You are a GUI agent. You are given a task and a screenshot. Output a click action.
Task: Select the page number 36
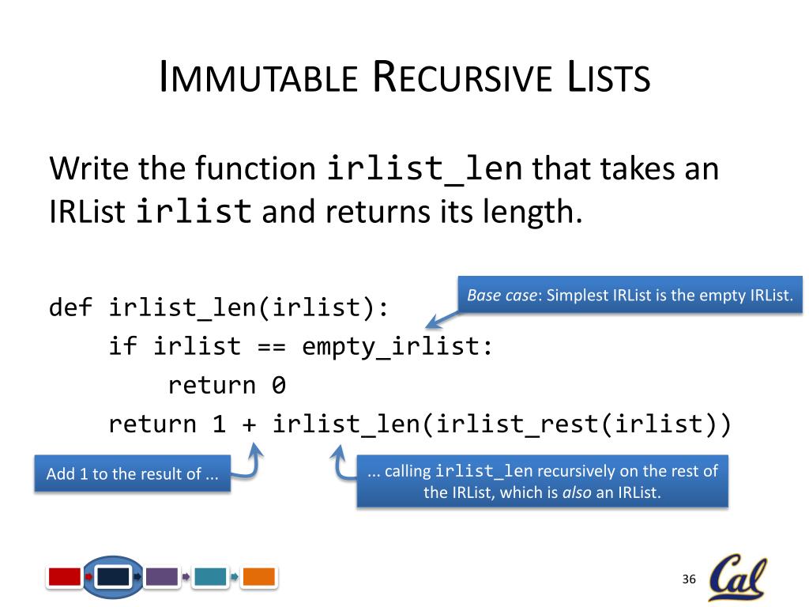tap(688, 580)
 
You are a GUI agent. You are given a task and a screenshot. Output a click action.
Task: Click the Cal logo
tap(737, 578)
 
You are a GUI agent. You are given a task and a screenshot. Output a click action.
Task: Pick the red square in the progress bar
tap(65, 577)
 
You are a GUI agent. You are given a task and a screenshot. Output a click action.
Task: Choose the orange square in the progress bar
tap(258, 577)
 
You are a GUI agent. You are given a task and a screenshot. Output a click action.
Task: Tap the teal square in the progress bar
tap(210, 577)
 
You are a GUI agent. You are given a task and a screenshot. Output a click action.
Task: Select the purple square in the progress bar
tap(162, 577)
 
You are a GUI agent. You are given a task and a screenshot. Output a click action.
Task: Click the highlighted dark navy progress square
tap(113, 577)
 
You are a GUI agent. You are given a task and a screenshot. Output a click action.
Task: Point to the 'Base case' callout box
tap(630, 296)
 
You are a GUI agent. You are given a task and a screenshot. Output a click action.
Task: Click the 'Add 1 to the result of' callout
tap(132, 474)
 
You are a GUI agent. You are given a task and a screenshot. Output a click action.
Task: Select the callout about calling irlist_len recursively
tap(542, 481)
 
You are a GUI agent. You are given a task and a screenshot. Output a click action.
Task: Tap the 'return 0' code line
tap(226, 386)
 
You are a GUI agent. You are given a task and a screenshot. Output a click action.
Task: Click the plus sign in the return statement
tap(249, 425)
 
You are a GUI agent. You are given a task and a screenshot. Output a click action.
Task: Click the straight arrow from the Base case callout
tap(444, 318)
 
